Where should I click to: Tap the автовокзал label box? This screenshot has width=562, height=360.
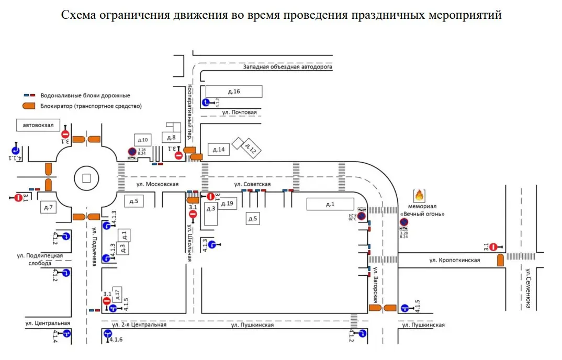(x=38, y=126)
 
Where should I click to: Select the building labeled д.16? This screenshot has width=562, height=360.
(x=234, y=92)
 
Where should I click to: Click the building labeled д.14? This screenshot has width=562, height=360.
(x=219, y=150)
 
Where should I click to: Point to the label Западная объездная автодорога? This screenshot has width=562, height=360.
(x=287, y=67)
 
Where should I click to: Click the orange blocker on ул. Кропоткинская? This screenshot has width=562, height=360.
(x=500, y=260)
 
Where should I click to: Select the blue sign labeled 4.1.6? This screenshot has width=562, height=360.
(x=108, y=333)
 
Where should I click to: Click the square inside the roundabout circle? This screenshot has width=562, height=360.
(x=87, y=178)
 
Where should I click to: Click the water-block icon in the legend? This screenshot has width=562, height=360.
(x=29, y=96)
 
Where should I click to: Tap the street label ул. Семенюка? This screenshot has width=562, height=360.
(x=529, y=289)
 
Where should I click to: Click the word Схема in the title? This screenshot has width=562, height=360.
(x=79, y=15)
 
